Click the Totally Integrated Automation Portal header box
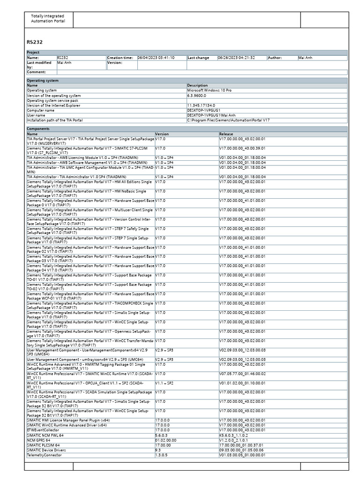pos(48,19)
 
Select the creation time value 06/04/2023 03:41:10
pos(156,58)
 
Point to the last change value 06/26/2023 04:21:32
pos(236,58)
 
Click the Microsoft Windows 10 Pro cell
pos(209,90)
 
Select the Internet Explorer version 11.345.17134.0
pos(202,105)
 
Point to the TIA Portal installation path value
pos(228,120)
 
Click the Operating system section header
pos(42,81)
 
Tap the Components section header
pos(37,128)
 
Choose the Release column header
pos(226,134)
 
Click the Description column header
pos(197,85)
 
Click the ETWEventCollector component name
pos(43,430)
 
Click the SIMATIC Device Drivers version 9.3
pos(158,450)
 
